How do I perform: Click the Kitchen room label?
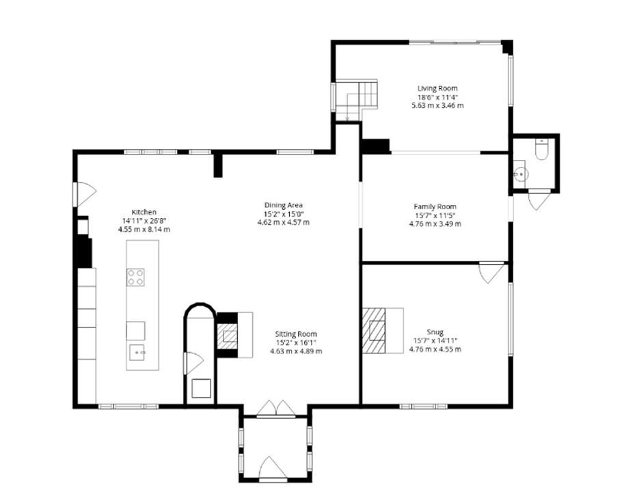click(x=144, y=212)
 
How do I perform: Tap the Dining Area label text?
click(x=283, y=205)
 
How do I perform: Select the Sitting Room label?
click(x=296, y=334)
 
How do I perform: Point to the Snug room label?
click(x=435, y=332)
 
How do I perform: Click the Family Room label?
click(x=435, y=206)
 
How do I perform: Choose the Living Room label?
click(x=437, y=88)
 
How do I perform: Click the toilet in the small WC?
click(x=541, y=149)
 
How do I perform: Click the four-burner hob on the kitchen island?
click(x=136, y=278)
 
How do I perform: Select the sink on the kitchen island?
click(x=137, y=352)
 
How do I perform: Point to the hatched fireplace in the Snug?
click(x=374, y=330)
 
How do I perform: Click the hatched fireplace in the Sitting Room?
click(x=228, y=336)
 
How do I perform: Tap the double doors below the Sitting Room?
click(x=276, y=409)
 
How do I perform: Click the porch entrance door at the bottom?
click(x=273, y=468)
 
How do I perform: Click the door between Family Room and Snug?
click(x=492, y=272)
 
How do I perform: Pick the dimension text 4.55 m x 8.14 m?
click(x=144, y=229)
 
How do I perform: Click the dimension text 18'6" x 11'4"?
click(x=437, y=97)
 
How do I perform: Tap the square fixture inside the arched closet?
click(x=202, y=388)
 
